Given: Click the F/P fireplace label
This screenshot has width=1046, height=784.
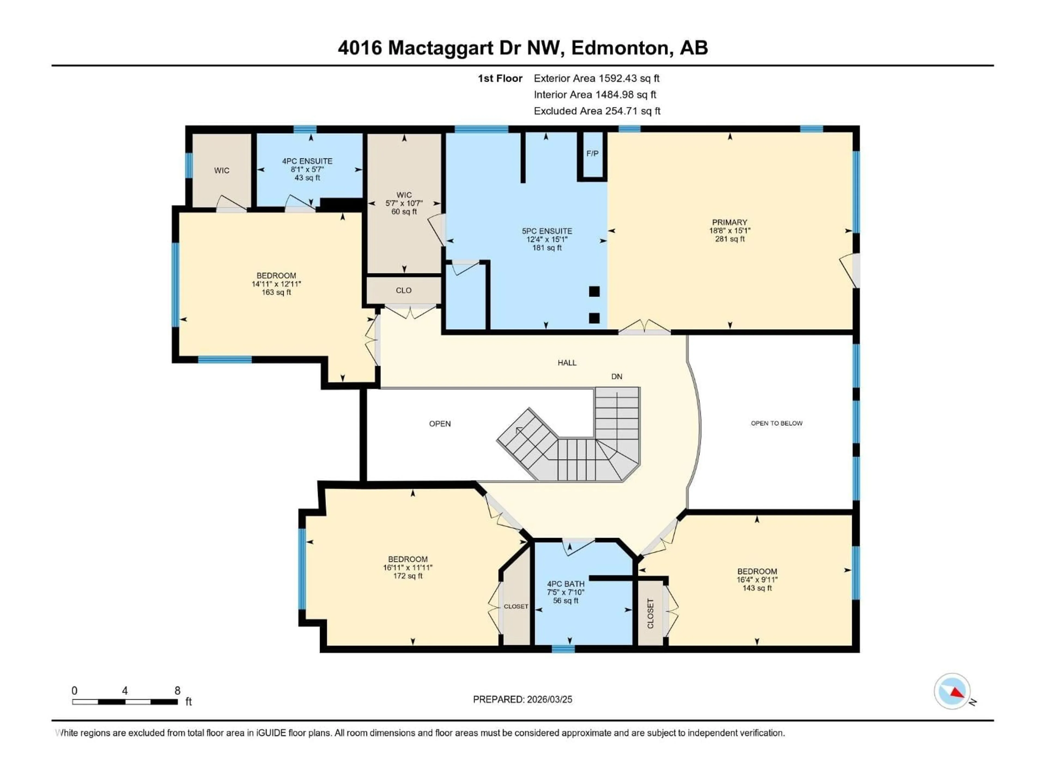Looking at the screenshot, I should pos(592,153).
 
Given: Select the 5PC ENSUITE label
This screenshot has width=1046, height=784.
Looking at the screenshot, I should pos(547,231).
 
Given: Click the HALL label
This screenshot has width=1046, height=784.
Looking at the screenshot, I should pos(567,363).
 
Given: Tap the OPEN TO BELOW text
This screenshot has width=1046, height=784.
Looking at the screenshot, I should pos(776,423).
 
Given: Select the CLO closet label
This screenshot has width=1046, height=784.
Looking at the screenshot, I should pos(403,290).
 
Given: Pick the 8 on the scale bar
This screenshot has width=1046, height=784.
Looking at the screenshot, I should pos(177,690).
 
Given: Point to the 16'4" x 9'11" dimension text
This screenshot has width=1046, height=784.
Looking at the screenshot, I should pos(757,579).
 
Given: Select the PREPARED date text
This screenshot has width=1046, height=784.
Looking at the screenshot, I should pos(522,699).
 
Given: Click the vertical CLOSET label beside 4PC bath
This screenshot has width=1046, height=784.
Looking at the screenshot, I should pos(650,613).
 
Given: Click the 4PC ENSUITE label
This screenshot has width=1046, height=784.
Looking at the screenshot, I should pos(307,161).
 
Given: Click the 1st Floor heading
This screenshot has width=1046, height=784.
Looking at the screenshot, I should pos(500,78).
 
